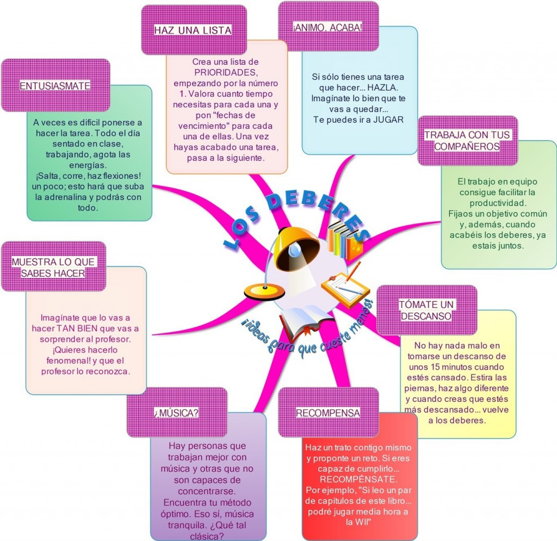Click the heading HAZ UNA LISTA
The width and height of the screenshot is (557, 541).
193,30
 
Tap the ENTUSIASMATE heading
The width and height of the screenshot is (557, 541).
55,86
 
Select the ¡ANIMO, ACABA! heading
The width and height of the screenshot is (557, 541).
328,27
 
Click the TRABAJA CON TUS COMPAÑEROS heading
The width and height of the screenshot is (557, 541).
468,140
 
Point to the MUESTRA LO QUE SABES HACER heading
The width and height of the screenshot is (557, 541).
53,268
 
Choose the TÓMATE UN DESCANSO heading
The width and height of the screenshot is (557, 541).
426,310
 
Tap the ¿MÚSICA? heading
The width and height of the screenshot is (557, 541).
176,413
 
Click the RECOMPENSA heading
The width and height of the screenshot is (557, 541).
328,413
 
